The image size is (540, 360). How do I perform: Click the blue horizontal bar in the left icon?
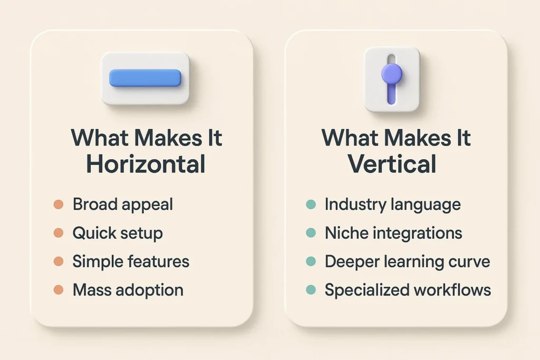coord(145,78)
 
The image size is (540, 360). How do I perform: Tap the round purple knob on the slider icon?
coord(392,73)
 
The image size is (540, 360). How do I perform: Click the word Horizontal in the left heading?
coord(146,164)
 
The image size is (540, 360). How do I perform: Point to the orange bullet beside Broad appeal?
coord(59,205)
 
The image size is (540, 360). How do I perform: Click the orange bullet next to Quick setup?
coord(59,233)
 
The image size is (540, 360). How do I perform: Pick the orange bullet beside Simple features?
coord(59,261)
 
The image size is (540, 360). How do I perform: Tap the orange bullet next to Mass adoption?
coord(59,289)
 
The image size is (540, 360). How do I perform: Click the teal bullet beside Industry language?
coord(311,205)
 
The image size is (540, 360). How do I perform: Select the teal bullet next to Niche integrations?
coord(311,233)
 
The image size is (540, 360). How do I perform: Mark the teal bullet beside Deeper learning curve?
coord(311,261)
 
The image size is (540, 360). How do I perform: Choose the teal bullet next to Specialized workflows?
coord(311,289)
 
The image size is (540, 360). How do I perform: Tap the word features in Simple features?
coord(160,261)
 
